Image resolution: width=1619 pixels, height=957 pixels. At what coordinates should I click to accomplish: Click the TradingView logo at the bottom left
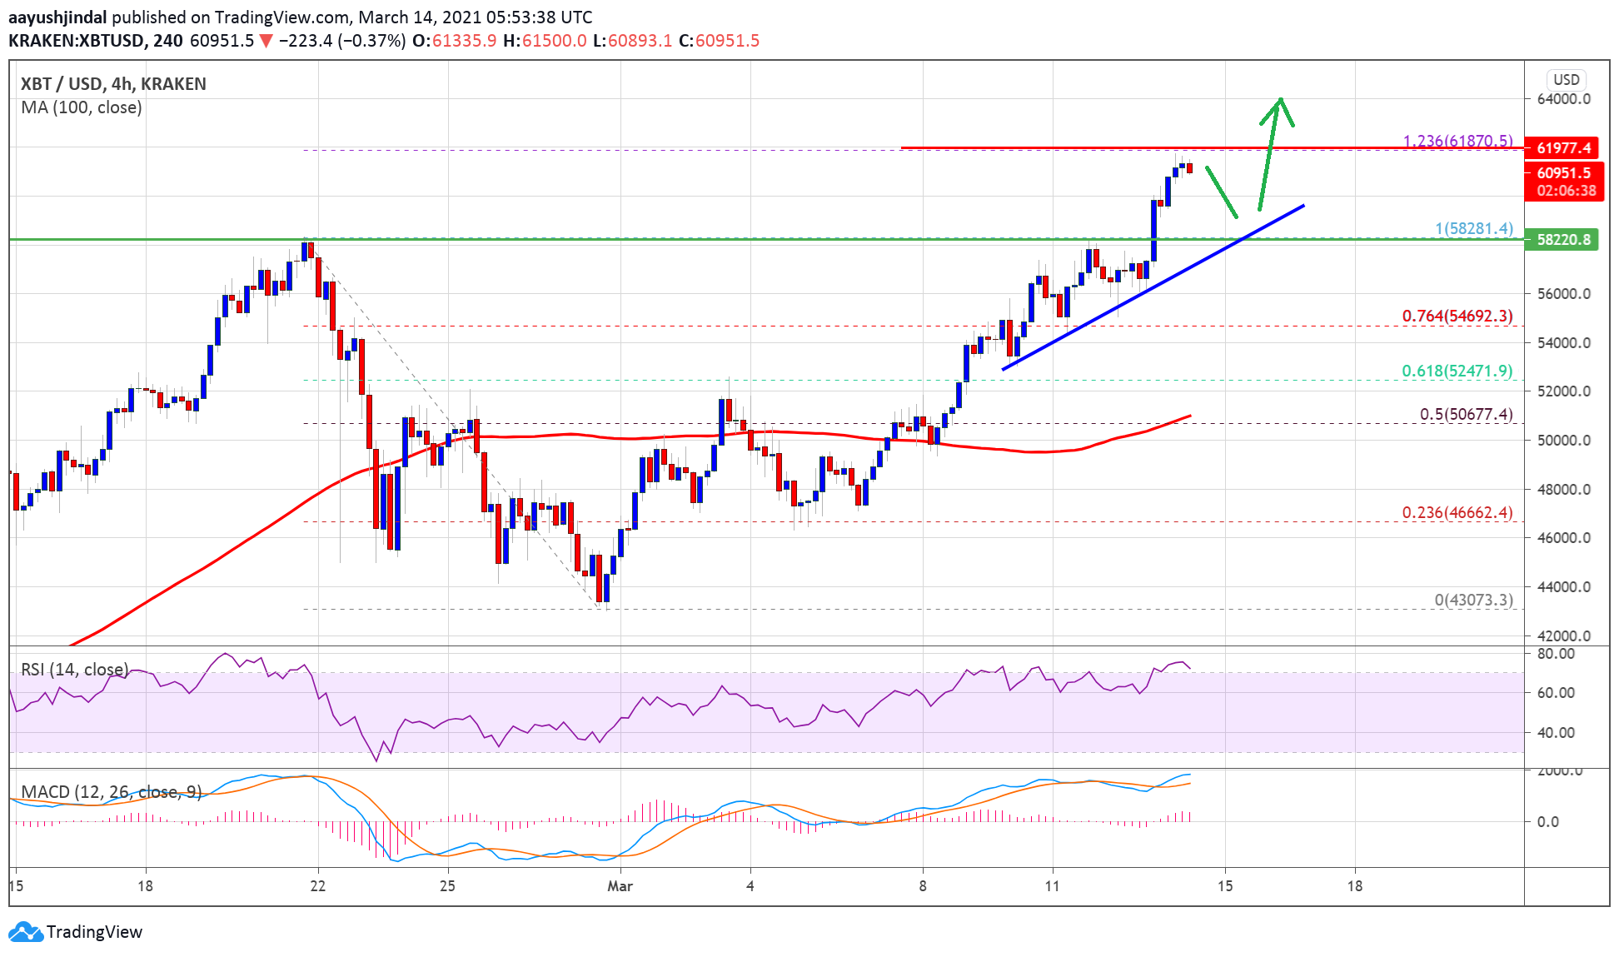pyautogui.click(x=75, y=931)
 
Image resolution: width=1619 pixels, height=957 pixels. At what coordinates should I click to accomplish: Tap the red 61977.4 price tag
pyautogui.click(x=1562, y=148)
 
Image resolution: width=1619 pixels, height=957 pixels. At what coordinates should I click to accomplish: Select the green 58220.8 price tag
pyautogui.click(x=1562, y=240)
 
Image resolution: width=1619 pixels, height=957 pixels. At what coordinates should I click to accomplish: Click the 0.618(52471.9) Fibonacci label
pyautogui.click(x=1457, y=371)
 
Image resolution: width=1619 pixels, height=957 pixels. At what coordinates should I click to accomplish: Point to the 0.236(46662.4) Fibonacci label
pyautogui.click(x=1457, y=512)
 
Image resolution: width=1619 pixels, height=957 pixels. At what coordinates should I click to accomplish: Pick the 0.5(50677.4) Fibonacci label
pyautogui.click(x=1466, y=414)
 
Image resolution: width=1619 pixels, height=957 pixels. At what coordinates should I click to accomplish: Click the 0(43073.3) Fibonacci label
pyautogui.click(x=1472, y=600)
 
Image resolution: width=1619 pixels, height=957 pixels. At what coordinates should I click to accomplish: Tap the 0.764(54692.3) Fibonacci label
pyautogui.click(x=1457, y=316)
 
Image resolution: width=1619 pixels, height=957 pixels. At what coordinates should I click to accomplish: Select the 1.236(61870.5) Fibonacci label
pyautogui.click(x=1457, y=141)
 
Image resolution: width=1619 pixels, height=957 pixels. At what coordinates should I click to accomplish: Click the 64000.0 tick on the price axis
pyautogui.click(x=1563, y=99)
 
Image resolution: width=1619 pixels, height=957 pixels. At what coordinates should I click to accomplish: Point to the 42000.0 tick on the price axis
pyautogui.click(x=1563, y=636)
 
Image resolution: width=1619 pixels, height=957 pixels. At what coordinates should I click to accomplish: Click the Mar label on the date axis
pyautogui.click(x=620, y=886)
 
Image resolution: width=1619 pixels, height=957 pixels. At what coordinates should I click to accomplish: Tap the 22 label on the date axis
pyautogui.click(x=317, y=886)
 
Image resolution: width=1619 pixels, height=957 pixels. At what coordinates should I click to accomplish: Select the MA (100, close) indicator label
pyautogui.click(x=82, y=107)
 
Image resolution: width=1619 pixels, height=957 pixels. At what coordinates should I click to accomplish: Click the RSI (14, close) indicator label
pyautogui.click(x=75, y=670)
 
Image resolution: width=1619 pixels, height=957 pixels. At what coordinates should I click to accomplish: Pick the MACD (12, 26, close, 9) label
pyautogui.click(x=112, y=791)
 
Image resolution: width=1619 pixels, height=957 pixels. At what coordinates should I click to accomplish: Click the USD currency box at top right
pyautogui.click(x=1566, y=80)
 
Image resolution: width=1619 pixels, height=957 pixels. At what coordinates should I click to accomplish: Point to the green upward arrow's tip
pyautogui.click(x=1281, y=99)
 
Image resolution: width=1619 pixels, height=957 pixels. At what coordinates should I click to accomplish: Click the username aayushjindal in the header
pyautogui.click(x=57, y=17)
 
